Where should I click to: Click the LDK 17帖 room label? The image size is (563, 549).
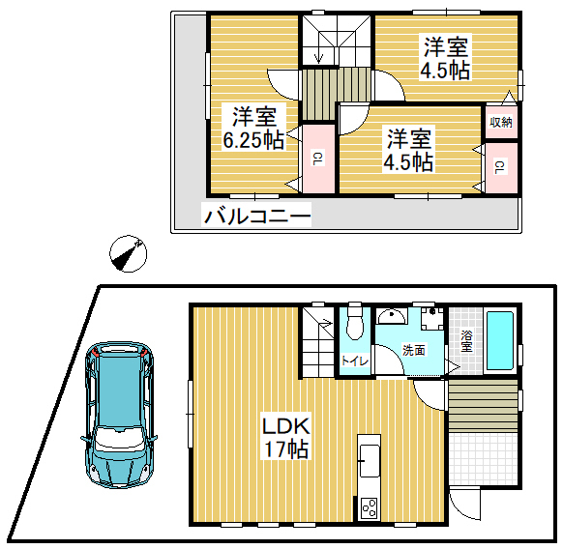[x=286, y=438]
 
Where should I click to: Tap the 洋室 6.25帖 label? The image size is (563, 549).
[x=253, y=129]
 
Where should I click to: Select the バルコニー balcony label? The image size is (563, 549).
[x=257, y=216]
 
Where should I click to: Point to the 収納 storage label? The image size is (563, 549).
[x=501, y=123]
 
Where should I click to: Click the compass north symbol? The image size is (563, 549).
[x=129, y=253]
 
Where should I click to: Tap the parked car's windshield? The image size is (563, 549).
[x=117, y=439]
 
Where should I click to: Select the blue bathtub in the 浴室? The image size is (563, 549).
[x=499, y=340]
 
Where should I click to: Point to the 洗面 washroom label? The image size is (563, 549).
[x=414, y=350]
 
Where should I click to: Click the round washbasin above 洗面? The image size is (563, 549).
[x=392, y=316]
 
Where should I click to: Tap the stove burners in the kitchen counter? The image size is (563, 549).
[x=370, y=508]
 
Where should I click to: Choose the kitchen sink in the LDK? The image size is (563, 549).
[x=370, y=461]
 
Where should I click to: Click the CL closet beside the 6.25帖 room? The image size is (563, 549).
[x=318, y=159]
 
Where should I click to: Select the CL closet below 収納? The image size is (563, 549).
[x=501, y=168]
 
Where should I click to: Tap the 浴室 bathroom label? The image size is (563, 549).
[x=466, y=341]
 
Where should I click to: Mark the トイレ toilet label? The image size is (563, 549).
[x=355, y=361]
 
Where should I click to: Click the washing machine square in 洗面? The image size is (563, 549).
[x=432, y=318]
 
